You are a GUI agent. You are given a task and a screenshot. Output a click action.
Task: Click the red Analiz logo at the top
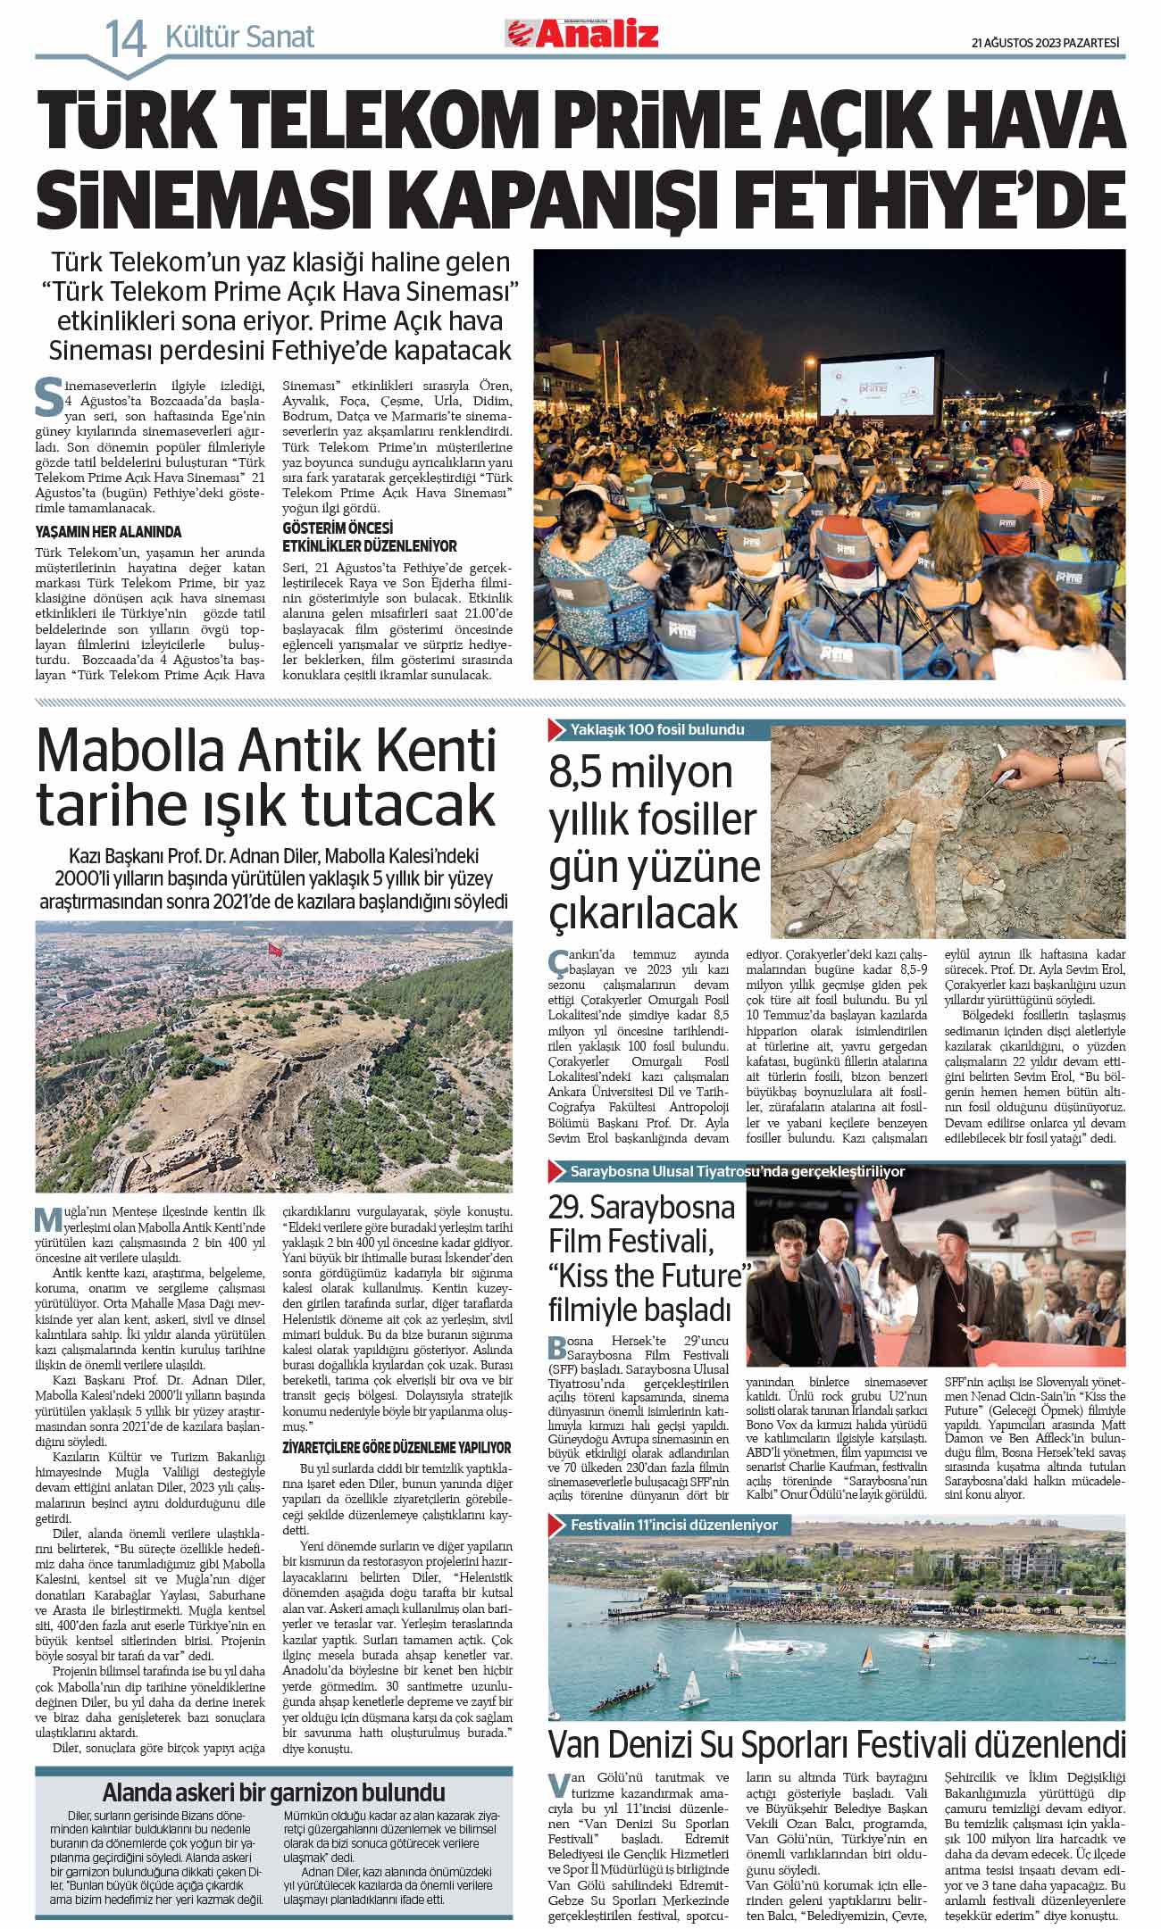coord(582,35)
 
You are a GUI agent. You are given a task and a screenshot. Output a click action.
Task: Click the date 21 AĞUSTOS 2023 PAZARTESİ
coord(1045,41)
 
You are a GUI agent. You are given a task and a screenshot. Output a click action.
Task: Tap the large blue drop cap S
coord(47,398)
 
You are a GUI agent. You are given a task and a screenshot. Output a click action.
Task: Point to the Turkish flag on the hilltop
coord(274,951)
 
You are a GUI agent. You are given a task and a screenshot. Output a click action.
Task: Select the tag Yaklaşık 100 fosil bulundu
coord(656,729)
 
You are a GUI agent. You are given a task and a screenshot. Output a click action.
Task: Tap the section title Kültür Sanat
coord(240,37)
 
